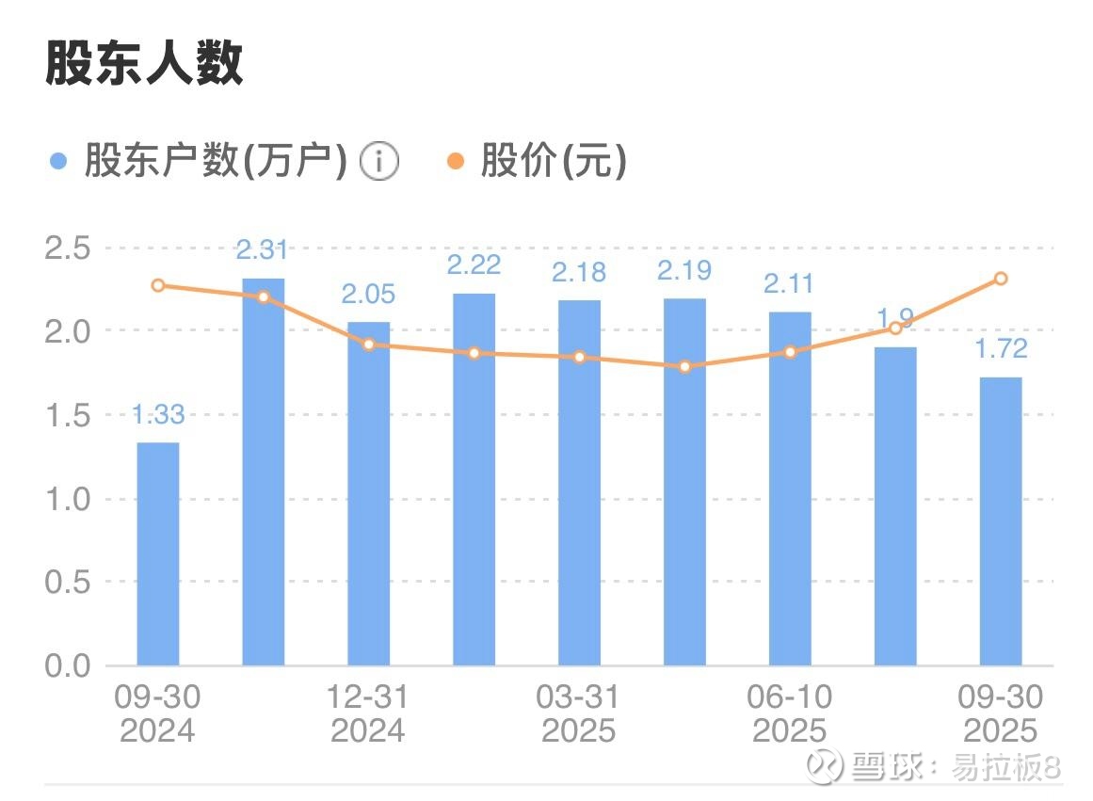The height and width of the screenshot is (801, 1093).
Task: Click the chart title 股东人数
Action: pos(144,64)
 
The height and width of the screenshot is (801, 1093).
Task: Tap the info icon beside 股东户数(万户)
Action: pos(378,162)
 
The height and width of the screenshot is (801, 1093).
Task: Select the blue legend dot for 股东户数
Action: pos(58,162)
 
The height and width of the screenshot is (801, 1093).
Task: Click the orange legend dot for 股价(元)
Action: pos(456,162)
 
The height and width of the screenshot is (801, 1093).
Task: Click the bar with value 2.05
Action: pos(368,494)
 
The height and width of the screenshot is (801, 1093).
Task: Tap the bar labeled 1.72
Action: pos(1001,521)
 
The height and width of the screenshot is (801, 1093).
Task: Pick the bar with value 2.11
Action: pos(790,489)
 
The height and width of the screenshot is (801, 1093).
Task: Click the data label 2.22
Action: pos(474,265)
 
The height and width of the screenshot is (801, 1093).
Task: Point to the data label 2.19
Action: pos(684,271)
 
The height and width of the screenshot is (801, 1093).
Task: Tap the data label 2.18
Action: pos(579,272)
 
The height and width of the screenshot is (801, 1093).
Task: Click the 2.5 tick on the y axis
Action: pos(67,248)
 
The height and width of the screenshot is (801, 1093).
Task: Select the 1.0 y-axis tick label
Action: pos(67,499)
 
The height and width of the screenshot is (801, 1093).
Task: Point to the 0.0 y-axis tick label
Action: pos(67,665)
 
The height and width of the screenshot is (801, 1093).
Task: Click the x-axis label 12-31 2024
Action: pos(368,713)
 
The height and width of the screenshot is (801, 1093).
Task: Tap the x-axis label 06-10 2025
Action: pos(790,713)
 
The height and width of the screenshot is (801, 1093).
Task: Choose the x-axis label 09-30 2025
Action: pos(1000,713)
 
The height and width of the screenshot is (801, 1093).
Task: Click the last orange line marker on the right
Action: pos(1001,279)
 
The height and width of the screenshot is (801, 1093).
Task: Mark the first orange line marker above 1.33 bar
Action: pos(158,285)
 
